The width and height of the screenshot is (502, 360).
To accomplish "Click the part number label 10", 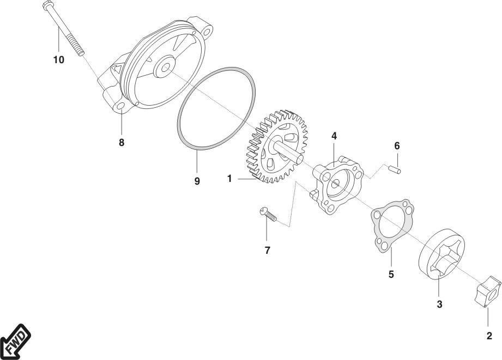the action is [x=58, y=60].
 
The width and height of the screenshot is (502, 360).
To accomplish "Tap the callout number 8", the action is [x=122, y=142].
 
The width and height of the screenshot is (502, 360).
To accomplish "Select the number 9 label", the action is [x=197, y=181].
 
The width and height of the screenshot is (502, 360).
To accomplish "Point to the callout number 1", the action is [x=229, y=179].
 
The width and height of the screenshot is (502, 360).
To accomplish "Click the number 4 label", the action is [x=334, y=136].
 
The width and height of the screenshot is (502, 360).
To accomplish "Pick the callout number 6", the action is [x=397, y=146].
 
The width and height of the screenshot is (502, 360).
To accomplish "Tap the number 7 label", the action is [x=267, y=250].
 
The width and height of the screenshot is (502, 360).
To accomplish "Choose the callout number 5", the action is [x=391, y=274].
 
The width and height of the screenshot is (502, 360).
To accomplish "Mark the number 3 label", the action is [x=439, y=304].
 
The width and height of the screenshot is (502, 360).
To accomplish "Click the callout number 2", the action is [x=489, y=336].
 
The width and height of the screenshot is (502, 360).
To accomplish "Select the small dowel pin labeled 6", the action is [x=395, y=169].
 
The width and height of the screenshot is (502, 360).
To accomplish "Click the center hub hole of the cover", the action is [x=165, y=68].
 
